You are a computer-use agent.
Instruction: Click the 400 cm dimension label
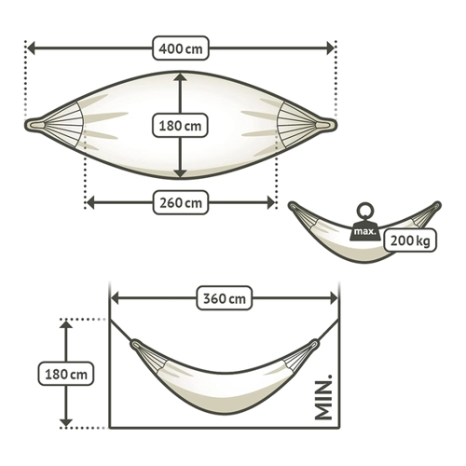pyautogui.click(x=181, y=48)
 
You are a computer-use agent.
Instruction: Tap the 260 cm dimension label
pyautogui.click(x=181, y=203)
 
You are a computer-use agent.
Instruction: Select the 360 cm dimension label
pyautogui.click(x=225, y=298)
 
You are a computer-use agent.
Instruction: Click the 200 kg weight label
pyautogui.click(x=410, y=240)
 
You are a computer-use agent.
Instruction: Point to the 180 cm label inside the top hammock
pyautogui.click(x=180, y=126)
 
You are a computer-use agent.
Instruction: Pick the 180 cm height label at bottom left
pyautogui.click(x=66, y=374)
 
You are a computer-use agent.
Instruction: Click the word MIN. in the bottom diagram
pyautogui.click(x=323, y=398)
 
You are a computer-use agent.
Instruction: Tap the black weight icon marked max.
pyautogui.click(x=365, y=230)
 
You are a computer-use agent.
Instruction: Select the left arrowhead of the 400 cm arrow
pyautogui.click(x=31, y=48)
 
